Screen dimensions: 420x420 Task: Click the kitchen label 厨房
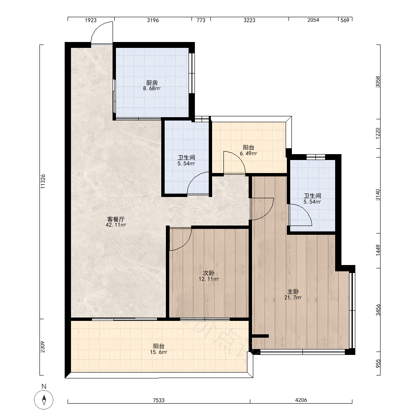tap(152, 83)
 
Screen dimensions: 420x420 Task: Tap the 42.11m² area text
tap(116, 225)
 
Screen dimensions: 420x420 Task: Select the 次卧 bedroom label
tap(208, 273)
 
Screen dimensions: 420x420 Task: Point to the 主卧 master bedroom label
tap(293, 291)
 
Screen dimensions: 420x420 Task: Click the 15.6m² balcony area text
tap(159, 352)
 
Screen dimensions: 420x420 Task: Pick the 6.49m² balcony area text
tap(248, 153)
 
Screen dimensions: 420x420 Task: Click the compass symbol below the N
tap(44, 400)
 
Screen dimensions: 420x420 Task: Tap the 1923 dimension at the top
tap(91, 20)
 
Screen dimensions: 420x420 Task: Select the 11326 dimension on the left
tap(43, 181)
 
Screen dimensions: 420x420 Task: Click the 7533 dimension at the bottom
tap(159, 400)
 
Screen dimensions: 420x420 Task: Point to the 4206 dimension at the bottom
tap(301, 400)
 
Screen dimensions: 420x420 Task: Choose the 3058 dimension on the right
tap(378, 82)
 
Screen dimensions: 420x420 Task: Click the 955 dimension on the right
tap(378, 363)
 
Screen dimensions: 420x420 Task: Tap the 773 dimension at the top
tap(201, 20)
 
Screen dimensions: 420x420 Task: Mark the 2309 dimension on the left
tap(42, 347)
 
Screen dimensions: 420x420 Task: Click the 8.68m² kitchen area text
tap(152, 88)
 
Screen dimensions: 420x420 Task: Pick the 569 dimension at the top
tap(345, 20)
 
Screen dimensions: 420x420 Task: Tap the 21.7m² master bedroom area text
tap(293, 297)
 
